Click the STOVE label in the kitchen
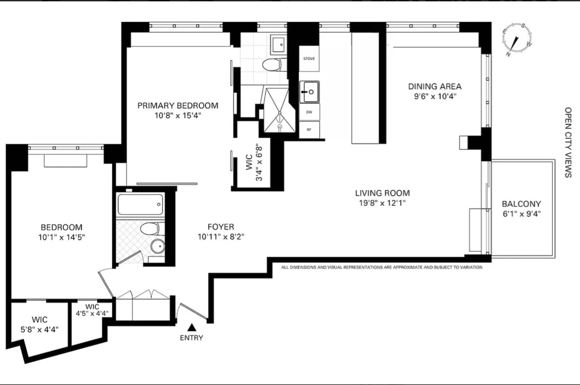(x=309, y=59)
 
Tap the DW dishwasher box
(x=309, y=112)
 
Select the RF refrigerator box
(x=309, y=130)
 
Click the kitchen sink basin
(x=309, y=92)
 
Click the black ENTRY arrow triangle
(x=192, y=327)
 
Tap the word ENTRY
(x=192, y=338)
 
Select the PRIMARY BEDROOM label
(x=178, y=106)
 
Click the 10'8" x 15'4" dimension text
(x=178, y=115)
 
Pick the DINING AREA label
(x=435, y=86)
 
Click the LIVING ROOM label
(x=382, y=193)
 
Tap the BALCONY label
(x=521, y=204)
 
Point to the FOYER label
(x=221, y=227)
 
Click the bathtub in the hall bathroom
(x=141, y=204)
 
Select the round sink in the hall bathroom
(x=158, y=246)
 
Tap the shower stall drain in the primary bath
(x=279, y=127)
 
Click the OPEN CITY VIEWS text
(x=568, y=142)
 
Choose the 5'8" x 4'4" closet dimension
(x=40, y=329)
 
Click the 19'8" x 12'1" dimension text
(x=382, y=203)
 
